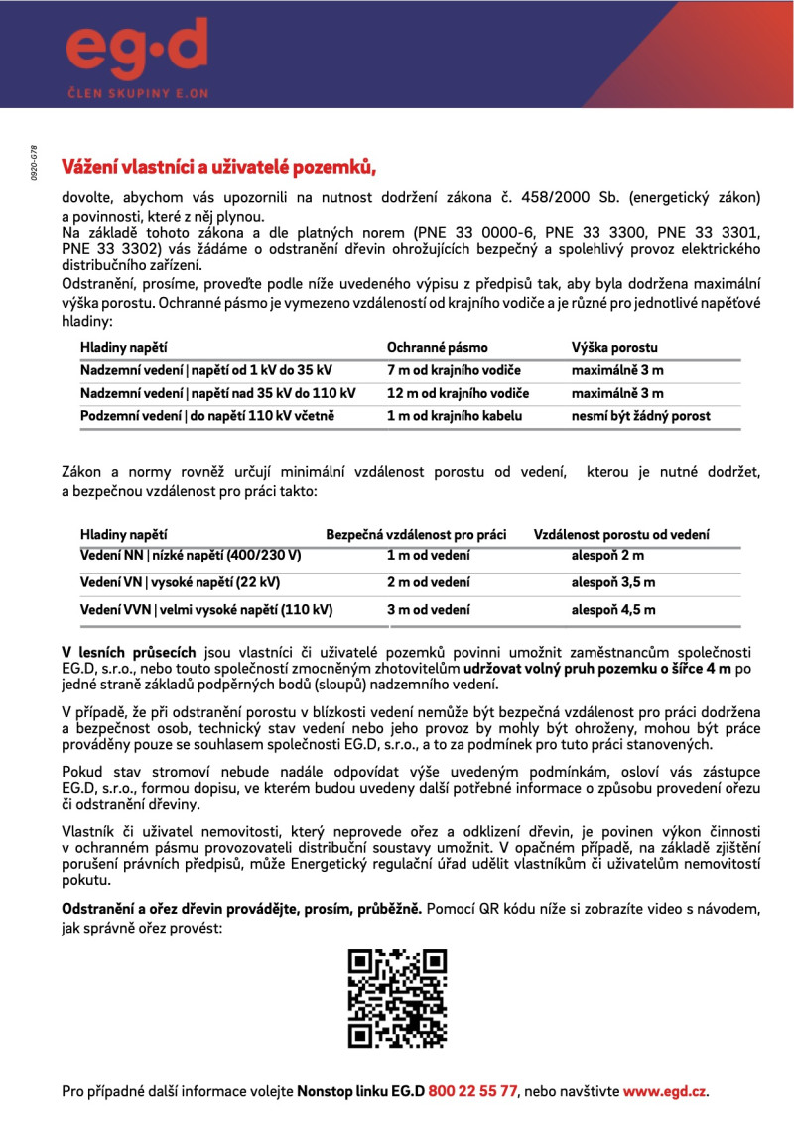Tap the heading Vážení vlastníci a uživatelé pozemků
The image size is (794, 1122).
point(219,166)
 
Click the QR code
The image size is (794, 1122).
point(396,998)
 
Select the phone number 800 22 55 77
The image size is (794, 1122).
point(472,1091)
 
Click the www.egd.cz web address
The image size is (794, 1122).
point(664,1091)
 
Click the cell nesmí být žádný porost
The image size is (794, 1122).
point(640,416)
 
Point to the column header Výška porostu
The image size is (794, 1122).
point(613,347)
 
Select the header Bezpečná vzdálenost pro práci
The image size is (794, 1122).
point(416,535)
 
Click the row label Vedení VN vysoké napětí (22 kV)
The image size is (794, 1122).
point(180,582)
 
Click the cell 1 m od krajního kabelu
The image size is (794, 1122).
point(454,416)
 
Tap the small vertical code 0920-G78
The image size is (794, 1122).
point(34,160)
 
